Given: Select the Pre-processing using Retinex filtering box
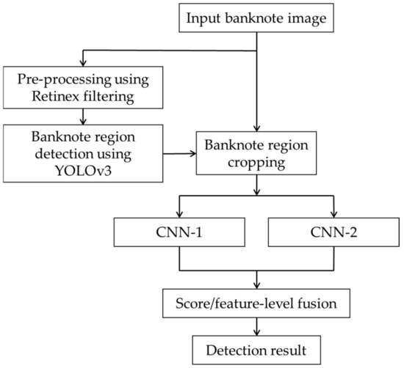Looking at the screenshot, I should click(84, 86).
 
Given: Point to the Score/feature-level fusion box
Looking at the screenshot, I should click(256, 301).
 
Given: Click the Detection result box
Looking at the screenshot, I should click(256, 347).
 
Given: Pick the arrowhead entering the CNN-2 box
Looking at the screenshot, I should click(336, 218).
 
